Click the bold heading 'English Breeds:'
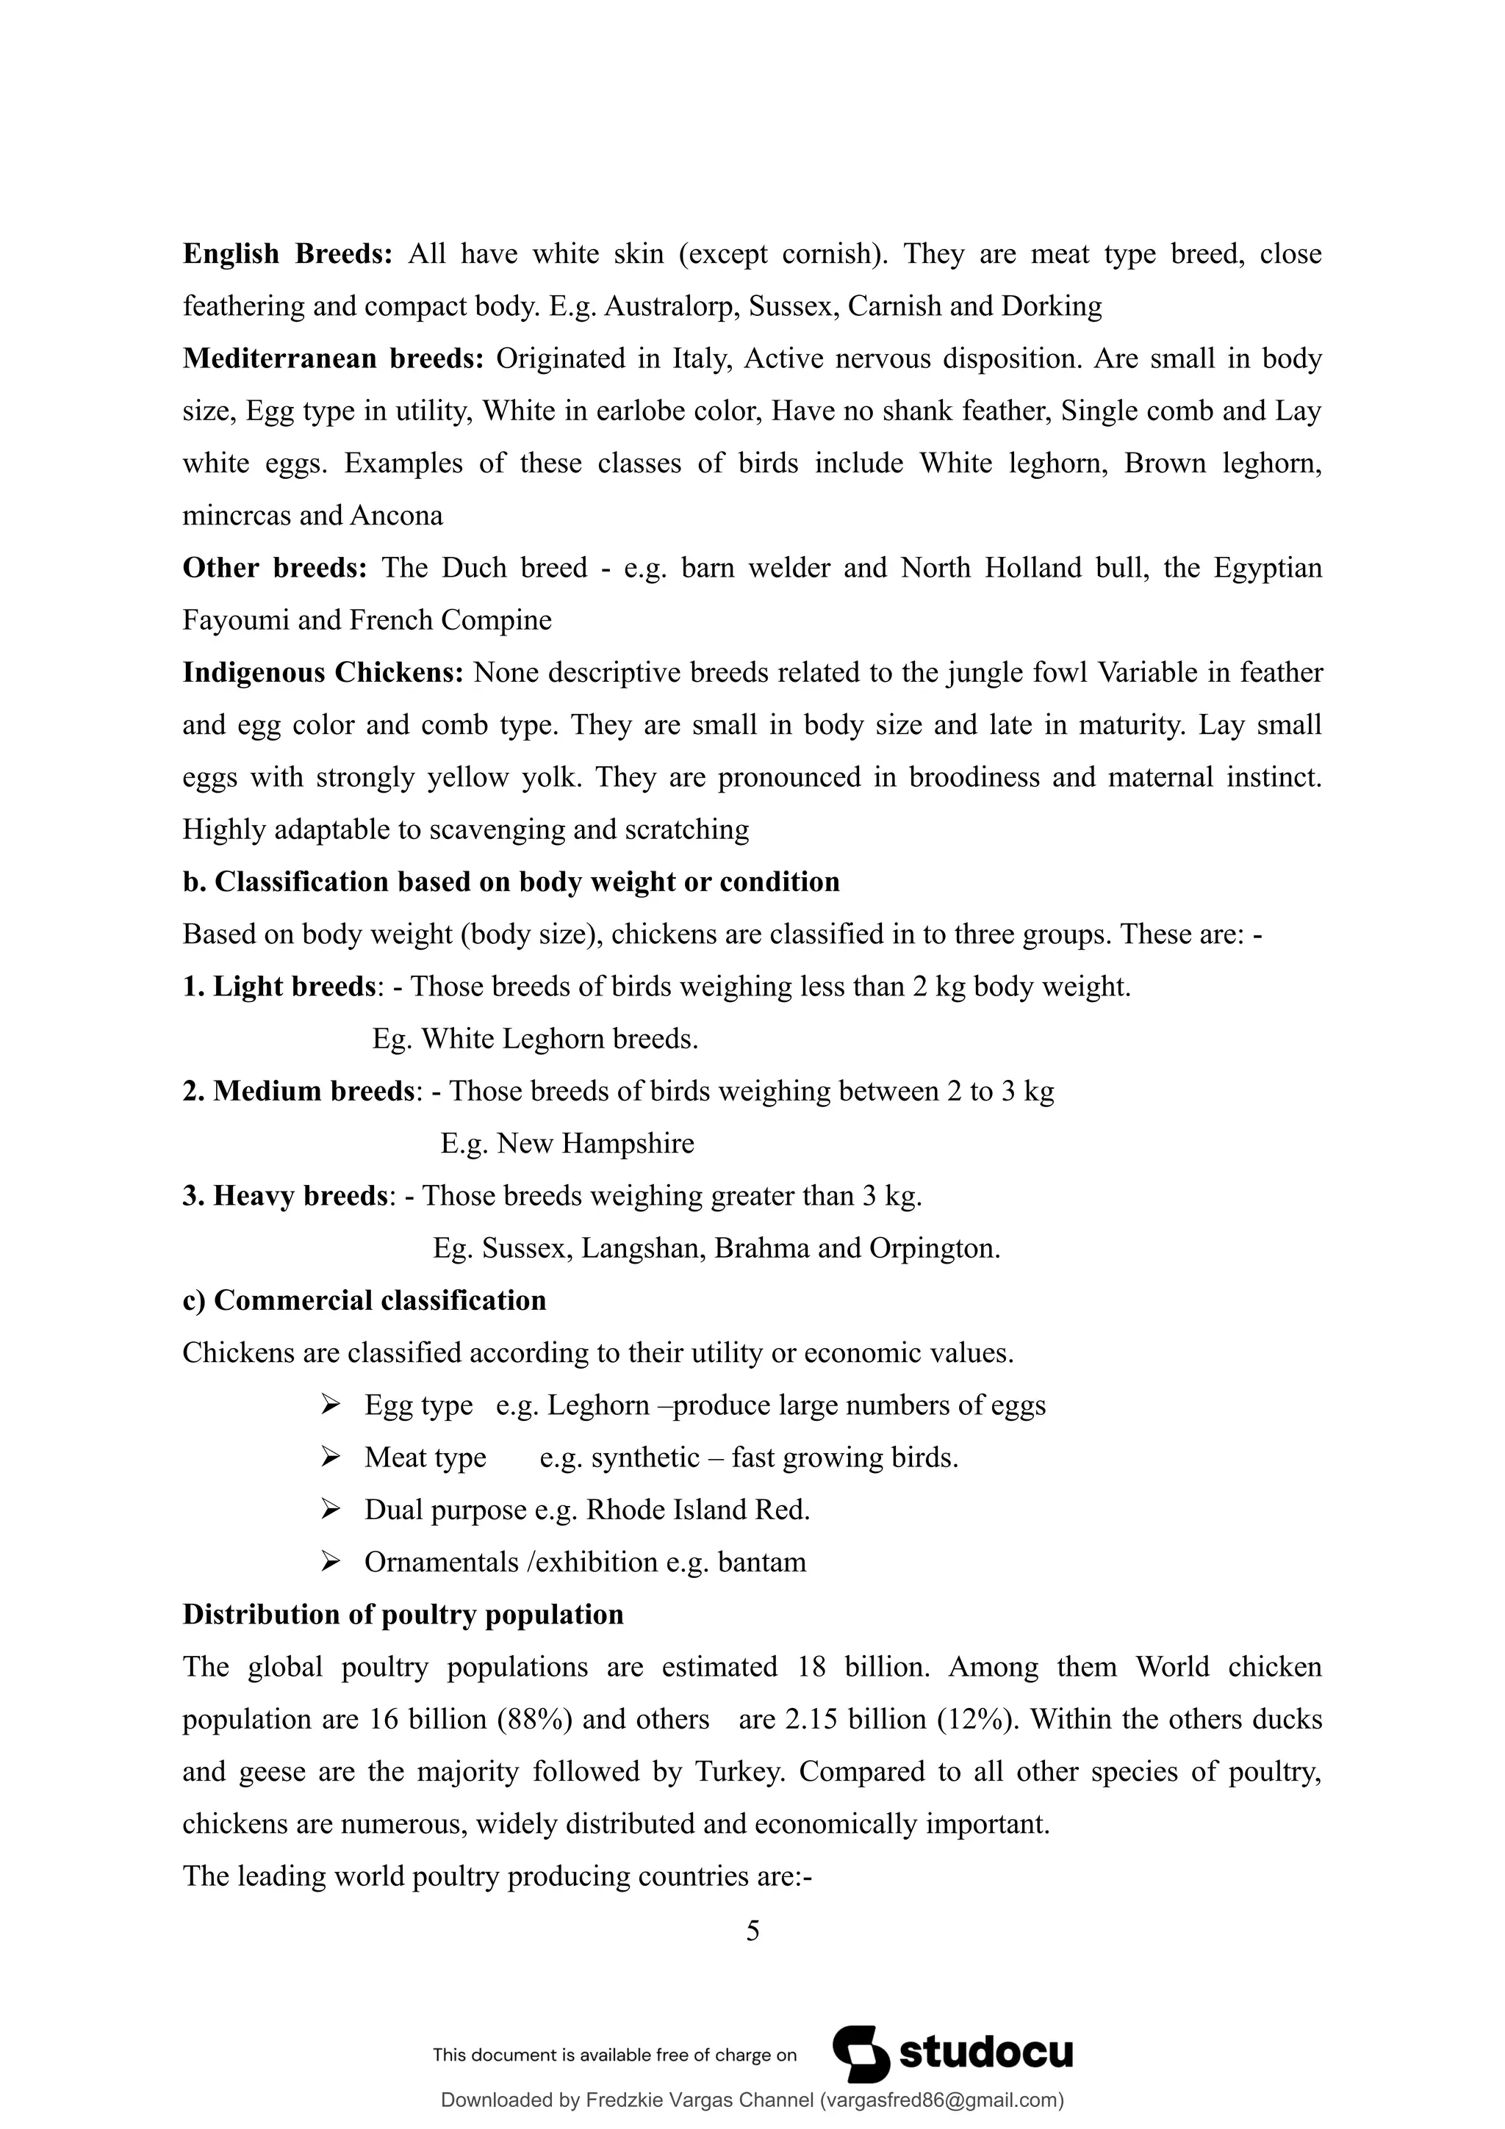(x=288, y=254)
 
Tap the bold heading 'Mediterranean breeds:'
(x=333, y=359)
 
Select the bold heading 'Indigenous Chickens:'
(x=323, y=672)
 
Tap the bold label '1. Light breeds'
(x=279, y=987)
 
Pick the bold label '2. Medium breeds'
(x=298, y=1092)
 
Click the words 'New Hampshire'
(x=595, y=1143)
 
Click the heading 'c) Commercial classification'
(x=364, y=1300)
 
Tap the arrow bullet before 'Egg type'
(x=330, y=1405)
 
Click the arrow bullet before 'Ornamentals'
(x=330, y=1562)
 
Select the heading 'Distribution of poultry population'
(x=403, y=1614)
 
